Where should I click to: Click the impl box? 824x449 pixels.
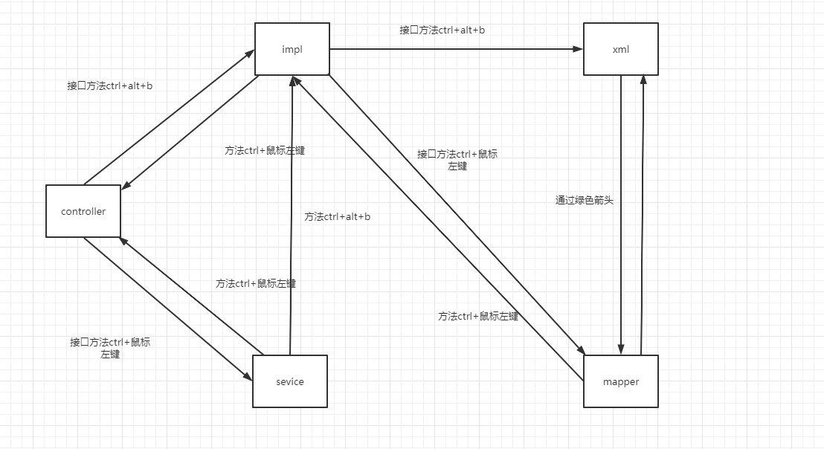tap(292, 49)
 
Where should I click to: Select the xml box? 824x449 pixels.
tap(620, 49)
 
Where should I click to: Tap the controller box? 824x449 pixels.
tap(83, 211)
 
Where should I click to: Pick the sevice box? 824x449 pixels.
tap(289, 381)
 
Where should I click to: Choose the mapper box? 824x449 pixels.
tap(620, 381)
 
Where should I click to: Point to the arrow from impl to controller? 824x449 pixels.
tap(190, 131)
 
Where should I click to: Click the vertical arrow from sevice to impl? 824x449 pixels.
tap(292, 216)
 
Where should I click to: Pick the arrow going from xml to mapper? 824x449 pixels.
tap(621, 216)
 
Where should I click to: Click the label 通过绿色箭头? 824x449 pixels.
tap(585, 200)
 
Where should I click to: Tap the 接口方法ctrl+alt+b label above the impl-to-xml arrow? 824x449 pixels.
tap(442, 30)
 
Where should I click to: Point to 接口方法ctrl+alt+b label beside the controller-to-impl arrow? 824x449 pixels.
tap(109, 85)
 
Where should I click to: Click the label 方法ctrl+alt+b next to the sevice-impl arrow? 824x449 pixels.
tap(337, 217)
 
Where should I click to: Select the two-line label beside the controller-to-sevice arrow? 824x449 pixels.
tap(110, 348)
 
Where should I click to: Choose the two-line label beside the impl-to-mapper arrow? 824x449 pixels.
tap(457, 160)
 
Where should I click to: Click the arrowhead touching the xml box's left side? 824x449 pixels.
tap(579, 49)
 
